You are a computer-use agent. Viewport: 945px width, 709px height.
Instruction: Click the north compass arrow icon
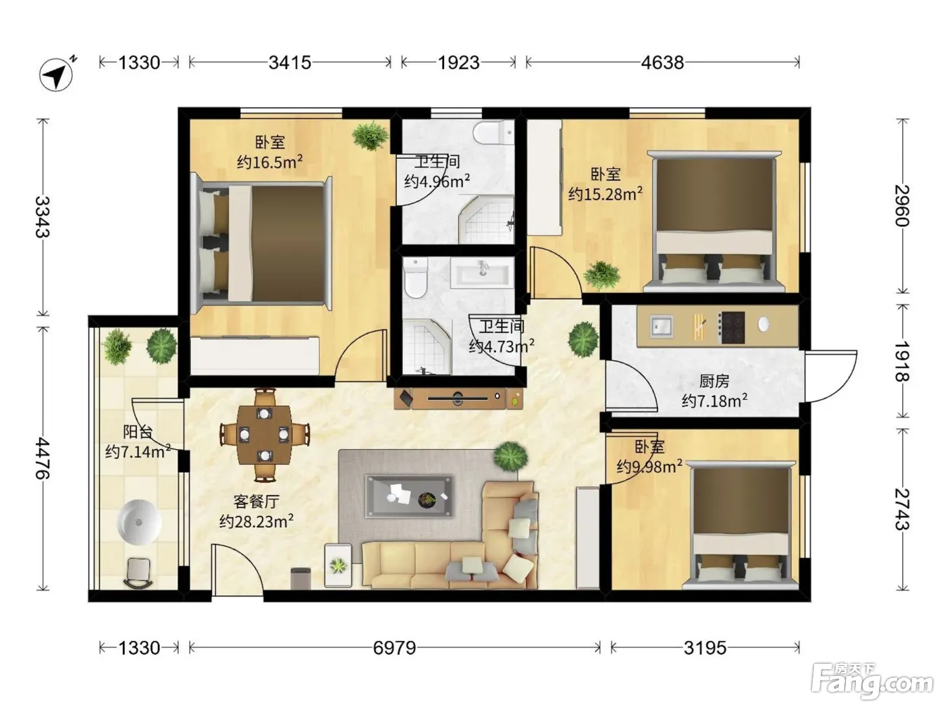(57, 74)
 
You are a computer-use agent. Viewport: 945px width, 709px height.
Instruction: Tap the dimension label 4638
(662, 63)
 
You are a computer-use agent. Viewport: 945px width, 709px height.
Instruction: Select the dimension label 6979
(394, 648)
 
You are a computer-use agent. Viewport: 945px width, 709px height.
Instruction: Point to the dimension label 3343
(43, 217)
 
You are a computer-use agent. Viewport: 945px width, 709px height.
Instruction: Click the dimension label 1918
(902, 362)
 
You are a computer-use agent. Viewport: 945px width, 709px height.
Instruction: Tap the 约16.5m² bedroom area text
(269, 162)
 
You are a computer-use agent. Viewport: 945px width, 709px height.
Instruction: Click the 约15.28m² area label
(605, 194)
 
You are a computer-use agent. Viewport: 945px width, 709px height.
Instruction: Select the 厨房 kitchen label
(713, 381)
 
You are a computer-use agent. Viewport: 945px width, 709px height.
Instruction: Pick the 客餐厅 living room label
(256, 501)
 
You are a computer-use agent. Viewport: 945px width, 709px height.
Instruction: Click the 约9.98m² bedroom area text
(649, 466)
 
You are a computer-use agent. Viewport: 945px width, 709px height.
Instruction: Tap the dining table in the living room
(264, 435)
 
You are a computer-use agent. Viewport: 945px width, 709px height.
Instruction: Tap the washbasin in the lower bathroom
(482, 273)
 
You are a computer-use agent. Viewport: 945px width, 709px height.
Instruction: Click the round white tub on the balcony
(138, 522)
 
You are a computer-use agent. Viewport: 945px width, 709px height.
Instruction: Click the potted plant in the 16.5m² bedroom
(371, 135)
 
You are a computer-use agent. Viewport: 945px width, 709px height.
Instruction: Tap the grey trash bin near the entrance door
(300, 578)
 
